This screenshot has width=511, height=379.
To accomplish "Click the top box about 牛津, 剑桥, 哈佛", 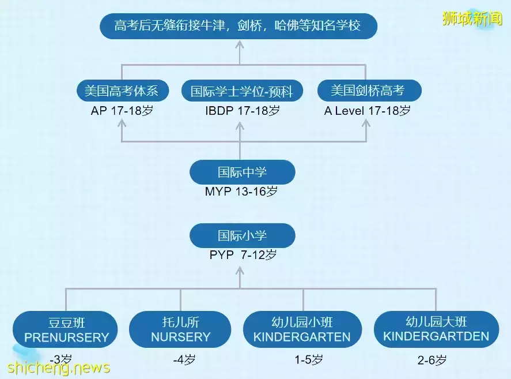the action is click(239, 26).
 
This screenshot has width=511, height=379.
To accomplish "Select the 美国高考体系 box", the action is click(123, 91).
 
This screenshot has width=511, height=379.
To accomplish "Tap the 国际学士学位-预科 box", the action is click(242, 91).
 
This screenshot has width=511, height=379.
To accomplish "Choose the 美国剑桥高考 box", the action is click(369, 91).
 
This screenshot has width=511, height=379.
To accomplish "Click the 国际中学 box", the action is click(242, 172).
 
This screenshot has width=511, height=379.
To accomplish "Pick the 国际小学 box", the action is click(242, 235).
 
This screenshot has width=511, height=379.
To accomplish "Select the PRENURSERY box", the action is click(65, 329).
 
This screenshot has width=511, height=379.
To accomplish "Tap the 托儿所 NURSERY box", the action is click(180, 329).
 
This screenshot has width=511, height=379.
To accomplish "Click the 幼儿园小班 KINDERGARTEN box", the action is click(302, 329).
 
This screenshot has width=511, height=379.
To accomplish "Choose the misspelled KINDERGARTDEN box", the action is click(436, 329).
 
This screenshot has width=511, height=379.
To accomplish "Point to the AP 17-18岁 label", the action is click(122, 111).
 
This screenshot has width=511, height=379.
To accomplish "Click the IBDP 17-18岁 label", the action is click(243, 111).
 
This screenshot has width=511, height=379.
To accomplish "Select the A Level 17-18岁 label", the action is click(368, 111).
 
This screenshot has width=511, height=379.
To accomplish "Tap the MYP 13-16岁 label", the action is click(241, 192).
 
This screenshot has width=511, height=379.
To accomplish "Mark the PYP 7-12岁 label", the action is click(243, 254).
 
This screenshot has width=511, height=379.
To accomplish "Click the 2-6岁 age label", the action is click(432, 360).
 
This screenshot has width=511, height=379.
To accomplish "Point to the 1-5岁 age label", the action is click(309, 360).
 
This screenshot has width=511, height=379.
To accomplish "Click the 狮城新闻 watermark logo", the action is click(472, 18).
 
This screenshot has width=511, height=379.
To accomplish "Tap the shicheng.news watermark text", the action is click(59, 368).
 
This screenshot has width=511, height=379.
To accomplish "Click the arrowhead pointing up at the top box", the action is click(240, 44).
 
